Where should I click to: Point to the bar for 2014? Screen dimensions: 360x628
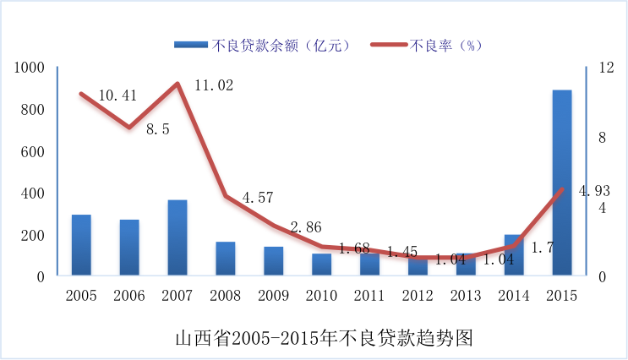click(x=514, y=254)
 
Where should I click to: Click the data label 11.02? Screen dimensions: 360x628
click(x=213, y=85)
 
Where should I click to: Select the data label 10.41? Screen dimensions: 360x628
click(x=117, y=95)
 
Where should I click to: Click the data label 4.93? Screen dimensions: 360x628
click(x=594, y=191)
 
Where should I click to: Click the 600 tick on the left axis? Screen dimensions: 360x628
click(x=32, y=151)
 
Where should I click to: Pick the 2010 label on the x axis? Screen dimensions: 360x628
click(x=321, y=295)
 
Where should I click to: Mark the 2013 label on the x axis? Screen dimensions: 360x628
click(x=466, y=295)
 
